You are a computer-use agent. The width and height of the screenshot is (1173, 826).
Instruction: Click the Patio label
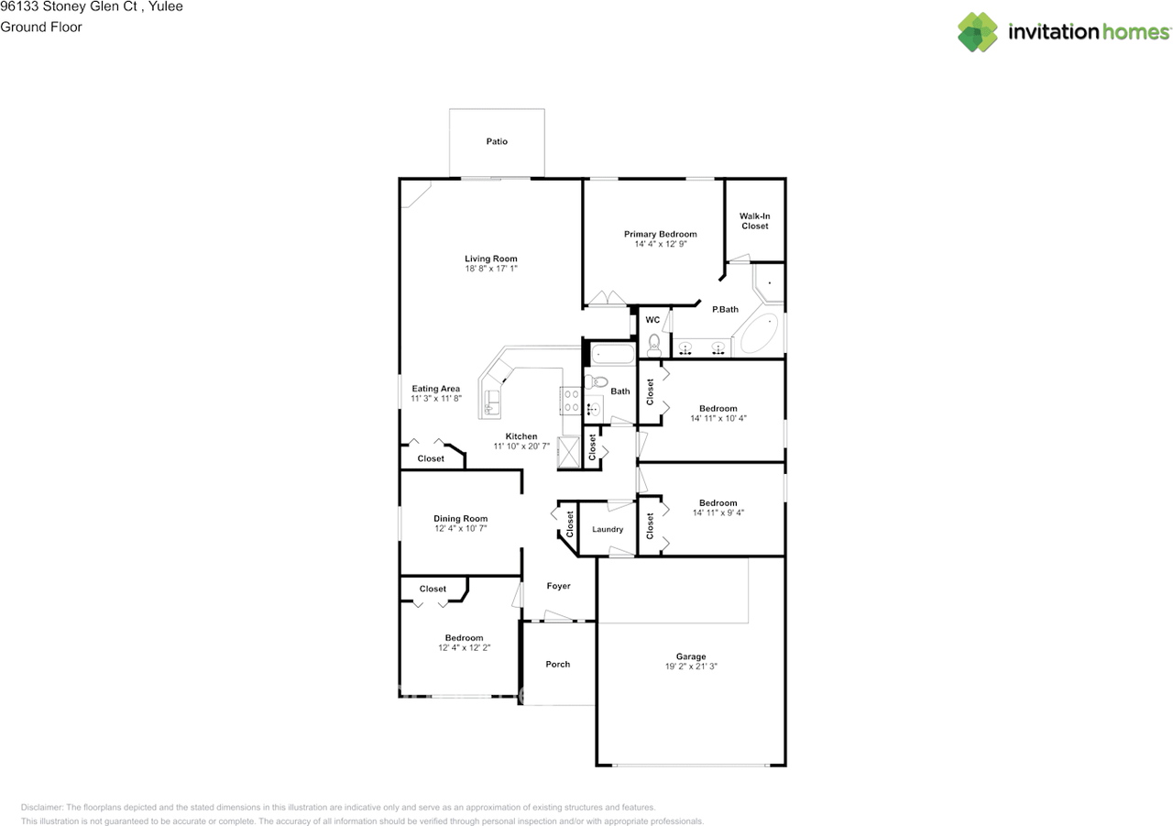[x=497, y=141]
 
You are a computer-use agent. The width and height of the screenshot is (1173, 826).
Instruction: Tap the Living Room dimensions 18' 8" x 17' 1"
[x=490, y=269]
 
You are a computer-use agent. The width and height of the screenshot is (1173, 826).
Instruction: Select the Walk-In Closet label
[x=754, y=221]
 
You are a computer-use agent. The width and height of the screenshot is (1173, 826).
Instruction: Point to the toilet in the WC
[x=653, y=345]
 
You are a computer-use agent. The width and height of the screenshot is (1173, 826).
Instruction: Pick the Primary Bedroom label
[x=661, y=234]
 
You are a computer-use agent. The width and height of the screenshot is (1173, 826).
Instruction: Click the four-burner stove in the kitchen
[x=571, y=401]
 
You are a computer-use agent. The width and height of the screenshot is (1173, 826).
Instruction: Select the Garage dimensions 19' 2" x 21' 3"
[x=691, y=666]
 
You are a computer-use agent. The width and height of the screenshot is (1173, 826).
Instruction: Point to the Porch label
[x=558, y=664]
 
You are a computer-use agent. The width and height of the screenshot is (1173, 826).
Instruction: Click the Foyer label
[x=558, y=586]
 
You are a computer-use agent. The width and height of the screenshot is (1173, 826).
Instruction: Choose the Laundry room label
[x=608, y=530]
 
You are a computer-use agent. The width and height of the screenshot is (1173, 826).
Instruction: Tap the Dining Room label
[x=460, y=519]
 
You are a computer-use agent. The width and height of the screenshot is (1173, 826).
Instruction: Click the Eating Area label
[x=435, y=389]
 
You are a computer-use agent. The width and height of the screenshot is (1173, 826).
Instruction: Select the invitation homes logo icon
[x=977, y=32]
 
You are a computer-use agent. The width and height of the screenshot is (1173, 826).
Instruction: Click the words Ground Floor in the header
[x=41, y=28]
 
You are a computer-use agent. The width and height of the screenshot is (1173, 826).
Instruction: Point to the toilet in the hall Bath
[x=597, y=381]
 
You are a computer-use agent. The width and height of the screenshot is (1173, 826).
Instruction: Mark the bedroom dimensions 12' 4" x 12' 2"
[x=464, y=647]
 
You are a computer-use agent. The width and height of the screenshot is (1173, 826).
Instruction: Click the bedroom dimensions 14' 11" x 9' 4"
[x=718, y=512]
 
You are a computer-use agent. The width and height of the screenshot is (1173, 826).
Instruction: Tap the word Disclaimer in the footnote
[x=42, y=807]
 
